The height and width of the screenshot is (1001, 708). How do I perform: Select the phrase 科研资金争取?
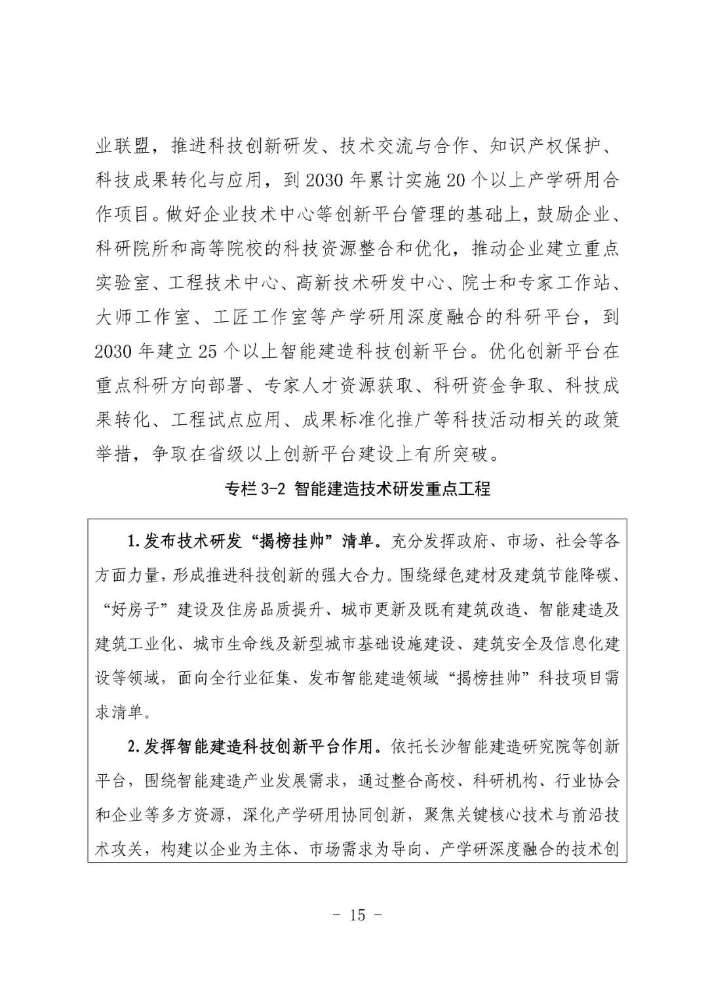(x=484, y=385)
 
